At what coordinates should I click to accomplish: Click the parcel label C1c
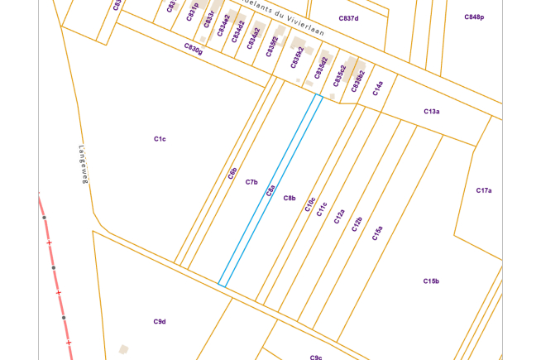pos(160,139)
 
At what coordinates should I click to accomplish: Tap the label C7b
pos(251,182)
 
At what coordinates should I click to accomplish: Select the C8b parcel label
pos(290,198)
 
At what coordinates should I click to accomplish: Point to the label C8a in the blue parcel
pos(270,191)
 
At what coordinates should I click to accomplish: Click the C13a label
pos(431,111)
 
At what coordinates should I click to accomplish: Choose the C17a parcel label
pos(484,190)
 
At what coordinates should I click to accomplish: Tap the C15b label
pos(431,281)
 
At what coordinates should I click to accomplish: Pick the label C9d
pos(160,321)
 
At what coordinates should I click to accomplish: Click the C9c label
pos(316,357)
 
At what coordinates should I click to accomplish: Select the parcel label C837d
pos(348,18)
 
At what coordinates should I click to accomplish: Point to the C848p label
pos(474,17)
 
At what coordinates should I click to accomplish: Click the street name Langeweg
pos(83,166)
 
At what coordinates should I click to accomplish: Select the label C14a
pos(378,89)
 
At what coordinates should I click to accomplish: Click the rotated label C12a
pos(339,216)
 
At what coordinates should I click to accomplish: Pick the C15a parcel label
pos(378,233)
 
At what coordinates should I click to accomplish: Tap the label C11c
pos(322,209)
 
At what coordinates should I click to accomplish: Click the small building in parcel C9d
pos(123,350)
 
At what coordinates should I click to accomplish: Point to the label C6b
pos(233,173)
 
